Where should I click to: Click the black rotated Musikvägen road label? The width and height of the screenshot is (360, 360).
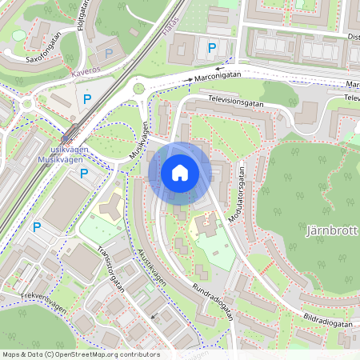(x=138, y=142)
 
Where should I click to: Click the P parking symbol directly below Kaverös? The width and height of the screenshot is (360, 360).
(x=87, y=99)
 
